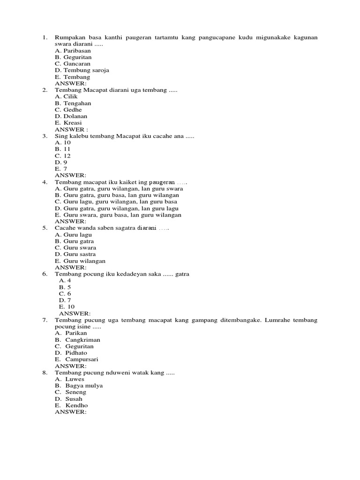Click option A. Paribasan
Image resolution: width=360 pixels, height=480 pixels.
(73, 51)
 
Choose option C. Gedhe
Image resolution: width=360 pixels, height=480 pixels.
(68, 110)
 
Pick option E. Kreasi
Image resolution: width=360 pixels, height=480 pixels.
(68, 123)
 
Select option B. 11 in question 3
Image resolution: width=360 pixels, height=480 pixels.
(62, 149)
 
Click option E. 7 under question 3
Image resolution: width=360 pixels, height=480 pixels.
(61, 169)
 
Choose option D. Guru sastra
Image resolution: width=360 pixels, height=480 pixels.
(75, 254)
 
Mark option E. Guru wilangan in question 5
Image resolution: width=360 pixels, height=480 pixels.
(80, 261)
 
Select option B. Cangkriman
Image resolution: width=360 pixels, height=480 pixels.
(77, 339)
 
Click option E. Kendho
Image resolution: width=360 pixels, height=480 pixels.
(71, 405)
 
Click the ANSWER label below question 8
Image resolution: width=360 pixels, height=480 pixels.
(70, 412)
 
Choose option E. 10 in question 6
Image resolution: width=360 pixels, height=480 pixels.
(67, 307)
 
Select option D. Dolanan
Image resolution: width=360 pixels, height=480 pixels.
(71, 116)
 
